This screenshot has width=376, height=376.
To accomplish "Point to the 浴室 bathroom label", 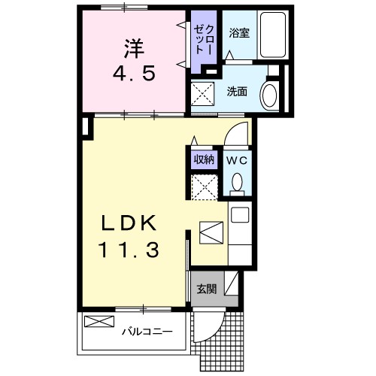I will point(238,32).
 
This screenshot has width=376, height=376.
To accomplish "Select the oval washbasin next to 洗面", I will point(268,95).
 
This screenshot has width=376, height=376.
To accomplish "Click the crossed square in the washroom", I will point(202,96).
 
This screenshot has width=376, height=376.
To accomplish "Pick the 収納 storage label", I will point(203,159).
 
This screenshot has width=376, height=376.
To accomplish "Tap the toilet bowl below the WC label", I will point(238,182).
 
